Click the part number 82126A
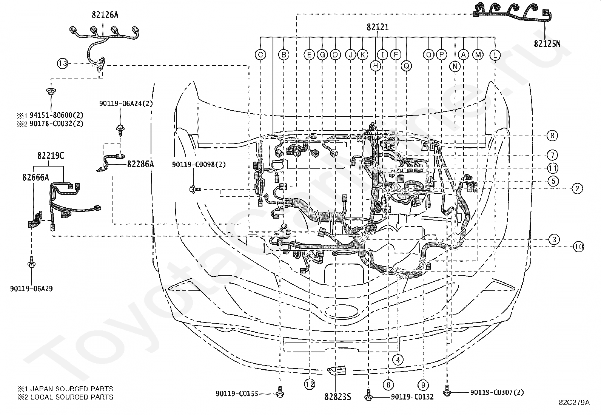(x=105, y=15)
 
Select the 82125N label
(x=547, y=43)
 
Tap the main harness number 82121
(x=378, y=27)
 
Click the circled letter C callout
(x=260, y=55)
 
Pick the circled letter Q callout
(x=406, y=66)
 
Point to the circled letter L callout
(x=495, y=55)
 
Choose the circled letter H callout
(x=375, y=66)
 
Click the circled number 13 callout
(x=63, y=63)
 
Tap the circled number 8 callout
(x=552, y=136)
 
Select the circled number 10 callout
(x=579, y=247)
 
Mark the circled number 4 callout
(x=398, y=360)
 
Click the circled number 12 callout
(x=310, y=385)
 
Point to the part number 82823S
(x=338, y=397)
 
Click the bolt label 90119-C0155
(x=237, y=394)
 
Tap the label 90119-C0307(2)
(x=497, y=392)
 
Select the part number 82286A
(x=140, y=164)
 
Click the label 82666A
(x=36, y=177)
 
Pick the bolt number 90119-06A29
(x=31, y=288)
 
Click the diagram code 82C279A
(x=574, y=403)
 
